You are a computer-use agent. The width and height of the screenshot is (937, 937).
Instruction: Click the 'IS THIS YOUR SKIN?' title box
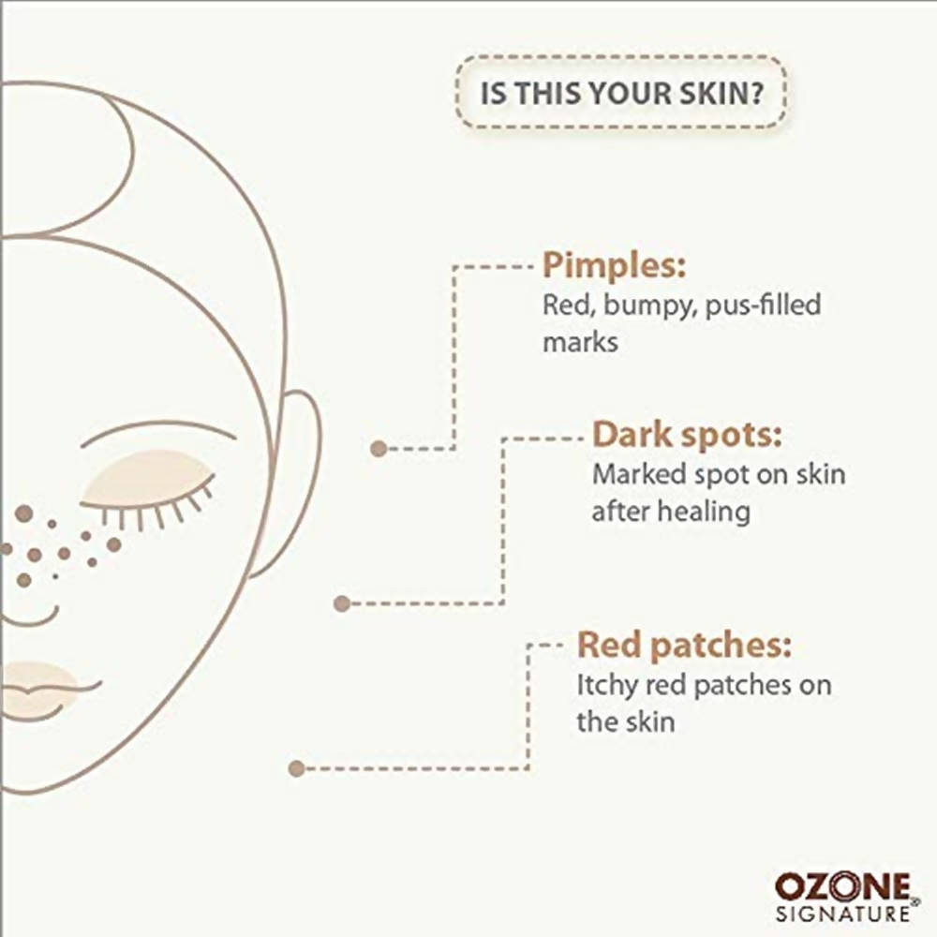point(620,92)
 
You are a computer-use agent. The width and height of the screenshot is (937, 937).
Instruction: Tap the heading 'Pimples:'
point(614,265)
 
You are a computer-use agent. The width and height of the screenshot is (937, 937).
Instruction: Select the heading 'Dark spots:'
point(687,435)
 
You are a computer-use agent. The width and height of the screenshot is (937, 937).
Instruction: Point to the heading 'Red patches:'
point(684,646)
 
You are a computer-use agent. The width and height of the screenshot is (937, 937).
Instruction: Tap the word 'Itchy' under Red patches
point(607,686)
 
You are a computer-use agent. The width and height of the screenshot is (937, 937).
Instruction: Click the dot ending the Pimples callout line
point(379,448)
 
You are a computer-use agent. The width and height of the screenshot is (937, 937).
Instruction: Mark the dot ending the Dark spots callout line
point(342,603)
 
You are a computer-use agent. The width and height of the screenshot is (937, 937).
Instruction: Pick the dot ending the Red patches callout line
point(296,768)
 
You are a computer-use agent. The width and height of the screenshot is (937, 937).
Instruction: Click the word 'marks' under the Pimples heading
point(580,343)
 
